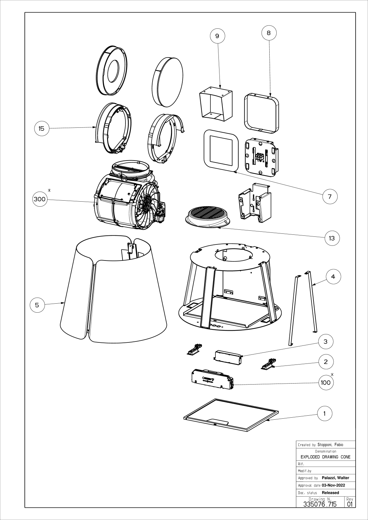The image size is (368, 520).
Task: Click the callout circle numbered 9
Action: click(x=217, y=36)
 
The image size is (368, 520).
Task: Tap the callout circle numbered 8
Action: click(x=269, y=33)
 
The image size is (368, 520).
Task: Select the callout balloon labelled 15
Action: click(x=42, y=128)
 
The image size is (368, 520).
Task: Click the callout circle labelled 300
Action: click(x=40, y=199)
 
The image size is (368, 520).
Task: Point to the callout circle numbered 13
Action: click(x=332, y=238)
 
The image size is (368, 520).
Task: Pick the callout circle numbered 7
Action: click(x=330, y=197)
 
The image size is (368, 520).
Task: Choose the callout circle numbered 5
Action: click(x=37, y=305)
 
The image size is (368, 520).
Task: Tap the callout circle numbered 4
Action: click(x=334, y=277)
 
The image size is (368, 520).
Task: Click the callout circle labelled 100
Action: click(x=326, y=383)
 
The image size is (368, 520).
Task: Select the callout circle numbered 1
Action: click(x=325, y=413)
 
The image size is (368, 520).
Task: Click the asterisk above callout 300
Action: click(x=49, y=190)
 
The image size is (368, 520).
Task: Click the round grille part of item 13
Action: click(x=208, y=217)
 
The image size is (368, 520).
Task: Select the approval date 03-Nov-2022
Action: click(x=334, y=485)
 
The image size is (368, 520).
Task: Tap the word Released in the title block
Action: click(x=331, y=493)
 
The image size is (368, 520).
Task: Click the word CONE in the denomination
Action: click(x=346, y=457)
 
